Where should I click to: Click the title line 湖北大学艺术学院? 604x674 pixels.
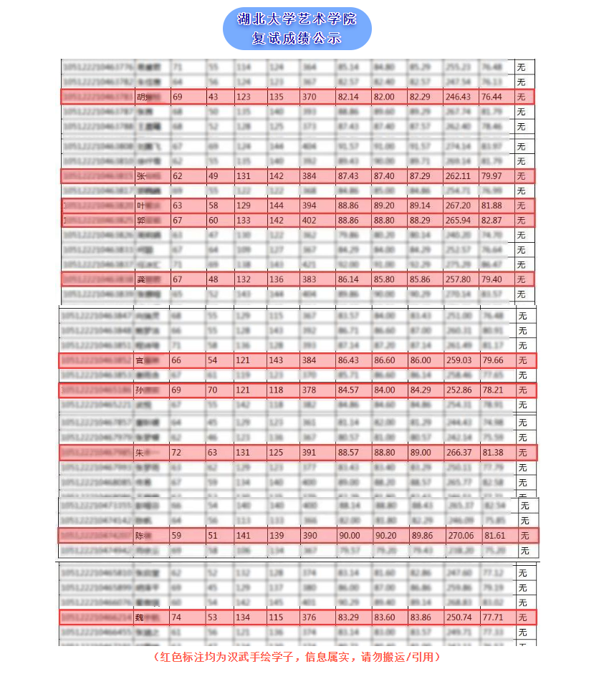coord(297,19)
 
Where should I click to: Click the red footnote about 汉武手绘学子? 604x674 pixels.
coord(297,656)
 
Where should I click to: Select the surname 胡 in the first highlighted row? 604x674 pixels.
coord(140,97)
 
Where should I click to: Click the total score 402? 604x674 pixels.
coord(309,221)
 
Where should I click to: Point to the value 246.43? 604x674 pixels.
coord(458,97)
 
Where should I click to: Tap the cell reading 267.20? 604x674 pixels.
coord(458,206)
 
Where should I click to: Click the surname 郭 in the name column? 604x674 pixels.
coord(140,221)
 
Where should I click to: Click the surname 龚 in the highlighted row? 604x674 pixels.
coord(140,279)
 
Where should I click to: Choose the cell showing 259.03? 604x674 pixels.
coord(458,360)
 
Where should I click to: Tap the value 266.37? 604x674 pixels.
coord(458,453)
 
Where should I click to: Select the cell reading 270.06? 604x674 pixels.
coord(459,536)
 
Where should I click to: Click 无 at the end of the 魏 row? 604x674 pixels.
coord(522,617)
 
